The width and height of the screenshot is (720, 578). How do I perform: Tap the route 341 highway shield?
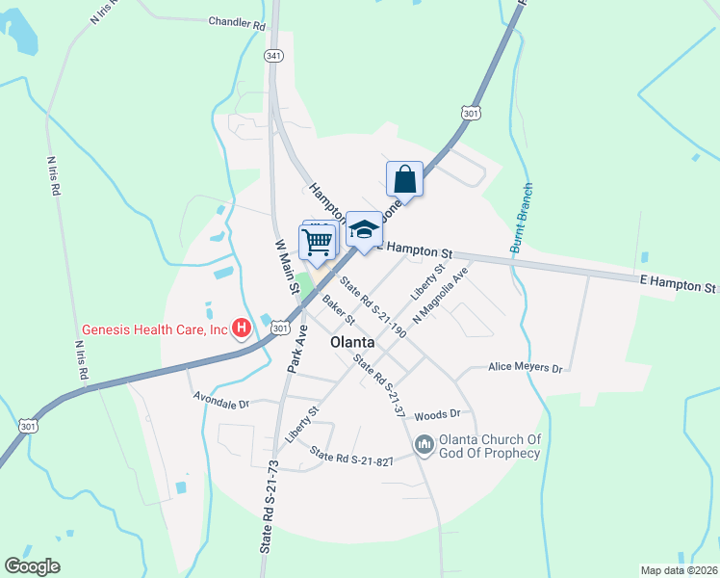coord(274,56)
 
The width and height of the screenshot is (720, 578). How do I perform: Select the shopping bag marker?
coord(405,179)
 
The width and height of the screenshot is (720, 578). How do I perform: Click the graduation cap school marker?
coord(364,229)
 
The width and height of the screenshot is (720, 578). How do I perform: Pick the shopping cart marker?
coord(317,243)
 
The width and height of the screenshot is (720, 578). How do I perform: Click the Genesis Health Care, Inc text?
coord(154,329)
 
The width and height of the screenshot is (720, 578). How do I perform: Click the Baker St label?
coord(339,309)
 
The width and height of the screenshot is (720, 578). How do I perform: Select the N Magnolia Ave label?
coord(440,295)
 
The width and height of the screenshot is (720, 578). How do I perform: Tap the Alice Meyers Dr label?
coord(525,368)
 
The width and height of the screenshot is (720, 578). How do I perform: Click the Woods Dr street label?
coord(438,414)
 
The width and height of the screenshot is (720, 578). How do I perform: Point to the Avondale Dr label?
coord(220,396)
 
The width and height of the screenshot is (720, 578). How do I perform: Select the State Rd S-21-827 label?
coord(352,460)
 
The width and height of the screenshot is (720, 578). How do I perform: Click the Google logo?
coord(33,565)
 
